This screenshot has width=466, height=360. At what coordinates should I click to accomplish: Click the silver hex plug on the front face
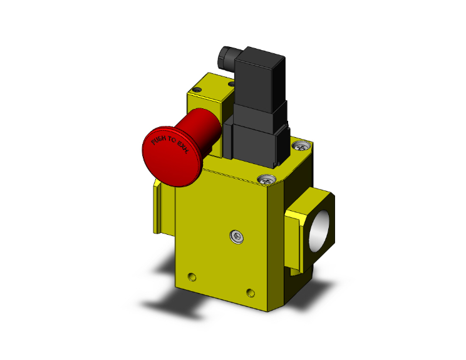click(x=236, y=236)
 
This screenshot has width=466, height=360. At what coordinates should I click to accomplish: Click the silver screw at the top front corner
click(x=266, y=180)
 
